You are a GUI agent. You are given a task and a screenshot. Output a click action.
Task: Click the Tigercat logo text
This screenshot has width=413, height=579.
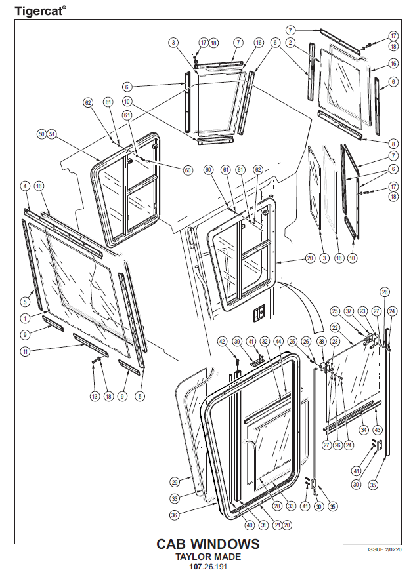[40, 10]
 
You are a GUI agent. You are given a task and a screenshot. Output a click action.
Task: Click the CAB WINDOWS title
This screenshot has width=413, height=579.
[207, 544]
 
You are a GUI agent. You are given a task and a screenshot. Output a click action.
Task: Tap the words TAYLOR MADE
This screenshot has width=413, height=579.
[207, 556]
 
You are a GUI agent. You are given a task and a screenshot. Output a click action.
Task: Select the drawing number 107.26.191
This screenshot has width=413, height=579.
[207, 566]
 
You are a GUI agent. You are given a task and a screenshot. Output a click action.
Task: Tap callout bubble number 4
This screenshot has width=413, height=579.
[25, 186]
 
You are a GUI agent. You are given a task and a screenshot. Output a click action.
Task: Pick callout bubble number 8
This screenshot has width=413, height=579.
[393, 144]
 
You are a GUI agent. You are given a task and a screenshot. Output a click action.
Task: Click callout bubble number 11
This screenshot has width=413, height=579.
[25, 352]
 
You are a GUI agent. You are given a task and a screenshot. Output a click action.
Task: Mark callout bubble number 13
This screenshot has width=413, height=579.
[94, 396]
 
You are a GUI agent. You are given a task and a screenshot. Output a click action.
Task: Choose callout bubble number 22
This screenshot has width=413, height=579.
[335, 327]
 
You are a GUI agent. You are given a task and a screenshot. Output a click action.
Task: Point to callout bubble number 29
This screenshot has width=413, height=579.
[175, 481]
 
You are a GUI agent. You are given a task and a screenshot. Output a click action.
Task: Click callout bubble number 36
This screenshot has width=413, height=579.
[174, 515]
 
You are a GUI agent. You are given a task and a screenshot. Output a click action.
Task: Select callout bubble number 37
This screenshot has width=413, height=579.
[349, 311]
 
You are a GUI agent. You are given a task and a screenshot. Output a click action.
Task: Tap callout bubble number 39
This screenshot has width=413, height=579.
[237, 341]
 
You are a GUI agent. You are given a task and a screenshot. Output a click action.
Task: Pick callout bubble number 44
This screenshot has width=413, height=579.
[278, 341]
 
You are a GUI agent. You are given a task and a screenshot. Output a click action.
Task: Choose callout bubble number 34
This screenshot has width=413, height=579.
[363, 429]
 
